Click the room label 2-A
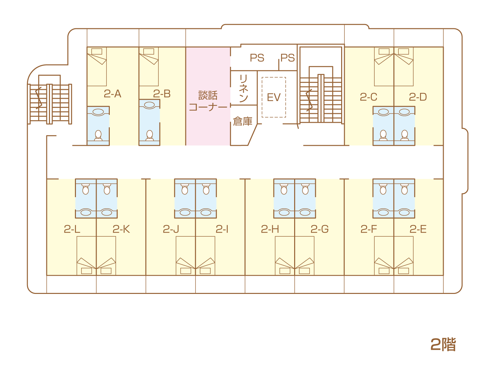[112, 94]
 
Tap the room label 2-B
[162, 94]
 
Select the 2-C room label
[368, 97]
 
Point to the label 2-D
[418, 97]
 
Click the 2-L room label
[72, 229]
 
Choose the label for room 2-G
[319, 229]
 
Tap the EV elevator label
[274, 97]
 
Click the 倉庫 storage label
[243, 121]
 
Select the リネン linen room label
[244, 89]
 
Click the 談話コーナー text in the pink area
[208, 101]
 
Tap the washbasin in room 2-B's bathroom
[149, 105]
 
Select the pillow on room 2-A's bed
[97, 51]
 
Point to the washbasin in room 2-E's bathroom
[404, 212]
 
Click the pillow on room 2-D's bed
[403, 51]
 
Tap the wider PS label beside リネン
[257, 58]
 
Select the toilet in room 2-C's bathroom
[383, 135]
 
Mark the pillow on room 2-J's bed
[186, 271]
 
